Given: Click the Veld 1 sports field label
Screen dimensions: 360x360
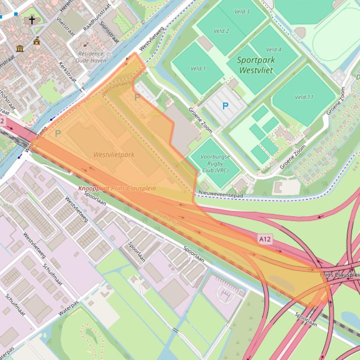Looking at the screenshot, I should (x=198, y=68).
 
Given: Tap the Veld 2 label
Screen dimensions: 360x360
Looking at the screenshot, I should (x=221, y=31).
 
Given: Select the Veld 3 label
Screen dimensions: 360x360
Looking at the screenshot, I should (x=242, y=12).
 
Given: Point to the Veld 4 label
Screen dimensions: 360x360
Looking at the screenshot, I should (x=274, y=50).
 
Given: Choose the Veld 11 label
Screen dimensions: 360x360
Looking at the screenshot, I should (x=304, y=97).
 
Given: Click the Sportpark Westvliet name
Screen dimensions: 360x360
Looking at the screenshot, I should (x=256, y=65).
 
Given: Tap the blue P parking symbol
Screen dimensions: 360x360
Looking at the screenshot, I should (x=225, y=106).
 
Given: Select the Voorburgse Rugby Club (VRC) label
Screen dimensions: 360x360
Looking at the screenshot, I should (x=215, y=163).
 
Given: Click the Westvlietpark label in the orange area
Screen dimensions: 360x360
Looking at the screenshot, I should (x=114, y=154).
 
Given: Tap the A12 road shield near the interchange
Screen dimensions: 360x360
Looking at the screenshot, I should (x=265, y=239).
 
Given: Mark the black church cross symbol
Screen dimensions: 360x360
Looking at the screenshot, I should (x=32, y=20).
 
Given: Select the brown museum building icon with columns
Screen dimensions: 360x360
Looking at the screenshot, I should (x=20, y=49).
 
